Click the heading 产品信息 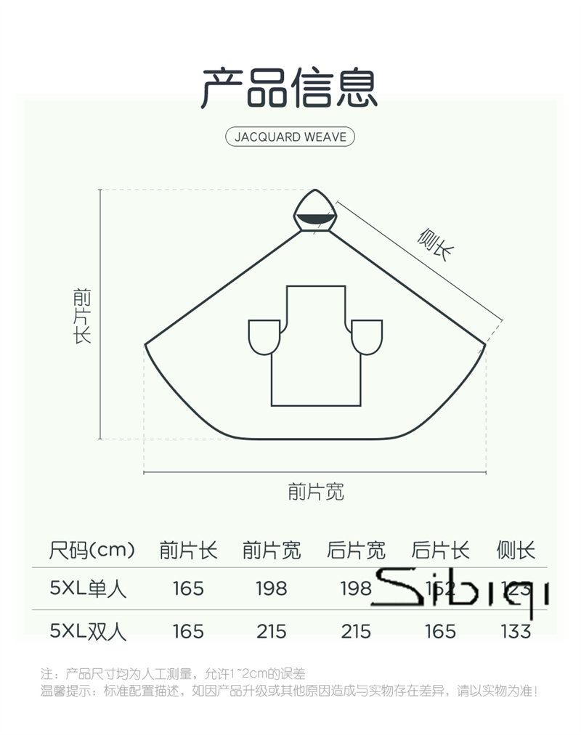(x=290, y=89)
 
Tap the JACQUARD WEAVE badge (x=290, y=137)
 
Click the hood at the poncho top (x=317, y=211)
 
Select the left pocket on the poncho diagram (x=264, y=337)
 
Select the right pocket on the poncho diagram (x=366, y=337)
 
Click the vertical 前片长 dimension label (x=82, y=315)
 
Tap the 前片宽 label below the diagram (x=315, y=492)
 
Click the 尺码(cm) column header (x=92, y=550)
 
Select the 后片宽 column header (x=356, y=550)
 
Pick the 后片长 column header (x=440, y=550)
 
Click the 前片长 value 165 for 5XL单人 (x=188, y=588)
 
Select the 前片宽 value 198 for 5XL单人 (x=272, y=588)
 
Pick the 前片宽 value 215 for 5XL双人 (x=272, y=630)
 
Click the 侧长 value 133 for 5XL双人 (x=516, y=630)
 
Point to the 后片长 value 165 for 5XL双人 (x=440, y=630)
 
